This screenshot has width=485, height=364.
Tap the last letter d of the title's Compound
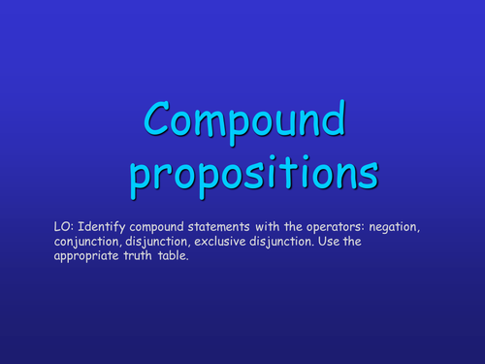pyautogui.click(x=331, y=120)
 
